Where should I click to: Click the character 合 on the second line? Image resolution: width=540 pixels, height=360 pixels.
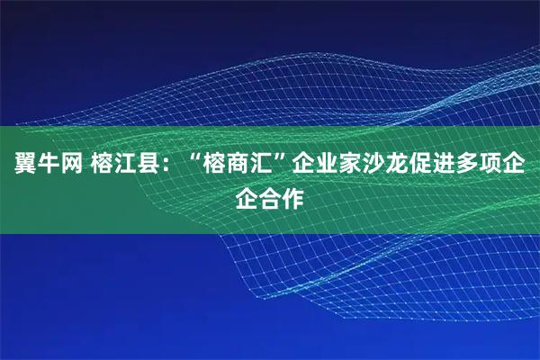(x=270, y=196)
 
